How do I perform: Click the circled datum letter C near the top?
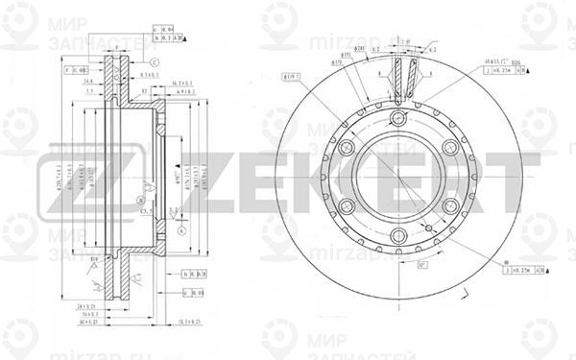pyautogui.click(x=155, y=61)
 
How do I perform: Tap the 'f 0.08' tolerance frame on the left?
pyautogui.click(x=76, y=70)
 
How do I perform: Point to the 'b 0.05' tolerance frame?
pyautogui.click(x=196, y=274)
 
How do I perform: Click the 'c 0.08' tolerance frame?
pyautogui.click(x=196, y=290)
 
